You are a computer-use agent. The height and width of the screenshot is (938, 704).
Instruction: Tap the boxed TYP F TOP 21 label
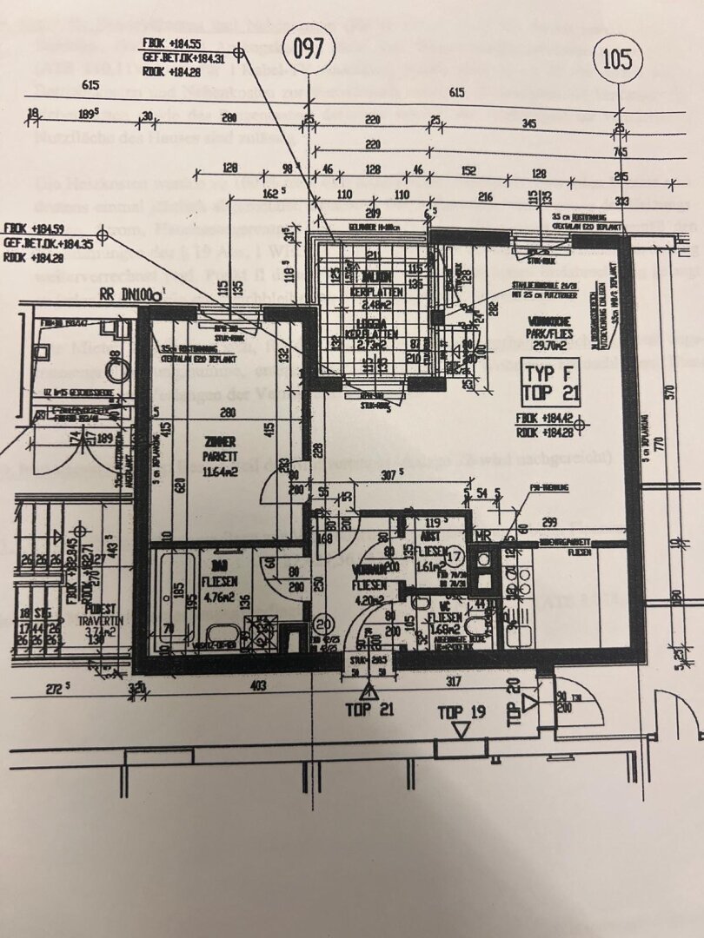(x=548, y=382)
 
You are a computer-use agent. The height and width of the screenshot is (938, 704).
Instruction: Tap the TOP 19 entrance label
(x=462, y=712)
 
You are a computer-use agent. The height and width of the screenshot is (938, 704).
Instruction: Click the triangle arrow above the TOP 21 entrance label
(x=369, y=691)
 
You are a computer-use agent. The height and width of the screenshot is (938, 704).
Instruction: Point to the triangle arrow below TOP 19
(x=462, y=729)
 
